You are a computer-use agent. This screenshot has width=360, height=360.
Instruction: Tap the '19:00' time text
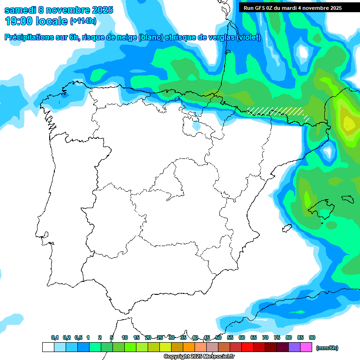pyautogui.click(x=19, y=21)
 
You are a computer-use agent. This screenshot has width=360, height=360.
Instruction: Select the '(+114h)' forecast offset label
pyautogui.click(x=83, y=21)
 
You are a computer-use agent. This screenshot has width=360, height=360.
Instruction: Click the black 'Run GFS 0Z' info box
pyautogui.click(x=292, y=8)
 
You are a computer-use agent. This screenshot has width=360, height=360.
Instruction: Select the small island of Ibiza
pyautogui.click(x=285, y=228)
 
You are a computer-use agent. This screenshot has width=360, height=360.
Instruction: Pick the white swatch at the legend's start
pyautogui.click(x=48, y=347)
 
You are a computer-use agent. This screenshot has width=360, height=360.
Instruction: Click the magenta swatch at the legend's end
pyautogui.click(x=306, y=347)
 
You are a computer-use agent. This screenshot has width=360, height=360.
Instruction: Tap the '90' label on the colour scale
pyautogui.click(x=312, y=337)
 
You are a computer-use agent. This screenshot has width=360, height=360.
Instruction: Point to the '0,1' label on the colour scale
pyautogui.click(x=55, y=337)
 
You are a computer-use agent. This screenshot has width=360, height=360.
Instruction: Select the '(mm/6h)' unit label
pyautogui.click(x=327, y=348)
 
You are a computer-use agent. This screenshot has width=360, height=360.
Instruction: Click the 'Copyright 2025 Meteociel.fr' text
pyautogui.click(x=199, y=356)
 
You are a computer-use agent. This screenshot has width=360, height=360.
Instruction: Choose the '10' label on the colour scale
pyautogui.click(x=125, y=337)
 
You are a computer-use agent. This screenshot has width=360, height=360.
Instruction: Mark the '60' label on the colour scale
pyautogui.click(x=242, y=337)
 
